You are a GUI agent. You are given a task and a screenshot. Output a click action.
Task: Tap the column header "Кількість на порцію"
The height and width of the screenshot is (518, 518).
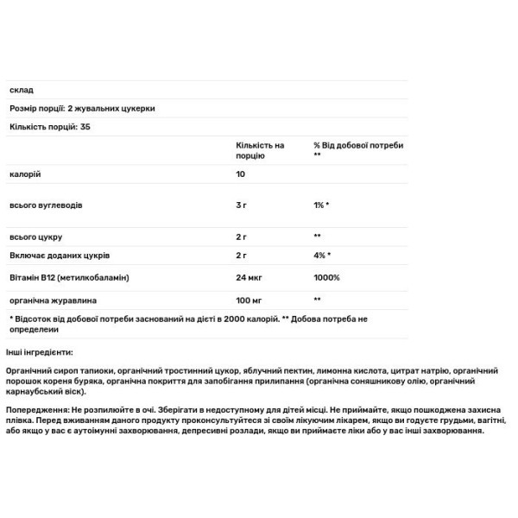(260, 150)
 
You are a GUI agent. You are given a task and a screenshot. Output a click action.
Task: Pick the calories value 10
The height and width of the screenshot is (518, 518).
(239, 174)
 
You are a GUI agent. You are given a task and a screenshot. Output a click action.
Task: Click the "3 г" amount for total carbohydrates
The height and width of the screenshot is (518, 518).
(242, 207)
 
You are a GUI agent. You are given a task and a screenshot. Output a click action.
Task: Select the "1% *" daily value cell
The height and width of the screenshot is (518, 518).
(321, 207)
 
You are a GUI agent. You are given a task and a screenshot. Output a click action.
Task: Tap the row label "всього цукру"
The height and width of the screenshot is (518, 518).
(35, 237)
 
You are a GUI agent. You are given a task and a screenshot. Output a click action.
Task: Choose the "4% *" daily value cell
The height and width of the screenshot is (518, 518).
(322, 257)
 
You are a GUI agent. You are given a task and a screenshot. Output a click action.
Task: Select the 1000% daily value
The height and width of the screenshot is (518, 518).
(326, 278)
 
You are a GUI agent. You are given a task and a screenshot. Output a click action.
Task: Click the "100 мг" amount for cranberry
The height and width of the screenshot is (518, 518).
(249, 299)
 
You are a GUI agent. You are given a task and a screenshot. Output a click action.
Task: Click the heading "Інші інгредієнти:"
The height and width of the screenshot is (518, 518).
(40, 352)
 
